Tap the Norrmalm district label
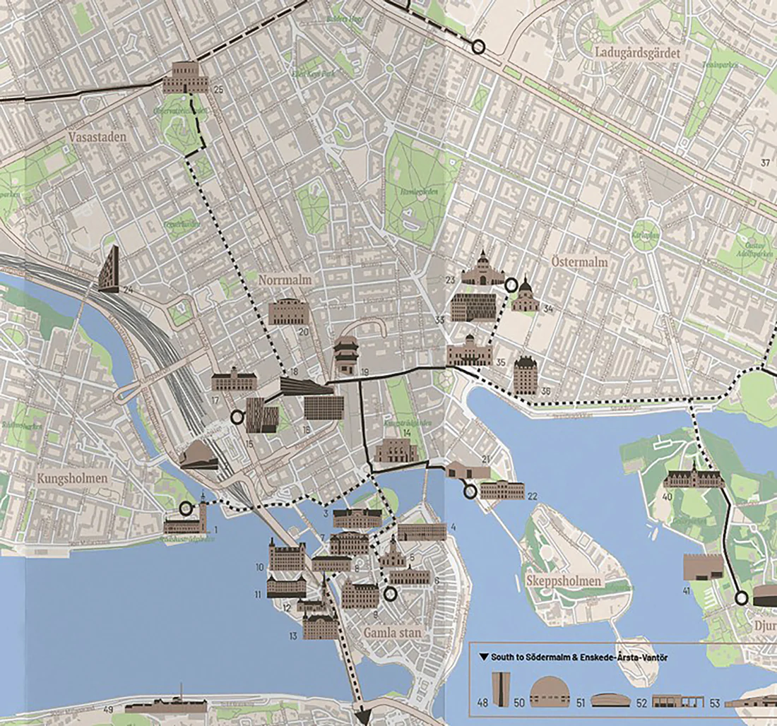pos(285,280)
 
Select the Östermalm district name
pos(578,263)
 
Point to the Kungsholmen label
pos(73,478)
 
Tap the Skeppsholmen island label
pos(564,581)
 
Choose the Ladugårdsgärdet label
pos(627,52)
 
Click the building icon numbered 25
pos(186,77)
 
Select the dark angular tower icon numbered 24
pos(109,270)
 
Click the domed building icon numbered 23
pos(483,270)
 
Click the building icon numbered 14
pos(396,451)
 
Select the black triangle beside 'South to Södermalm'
pos(483,657)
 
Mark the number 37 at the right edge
pos(765,163)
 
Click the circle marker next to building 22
pos(469,492)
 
